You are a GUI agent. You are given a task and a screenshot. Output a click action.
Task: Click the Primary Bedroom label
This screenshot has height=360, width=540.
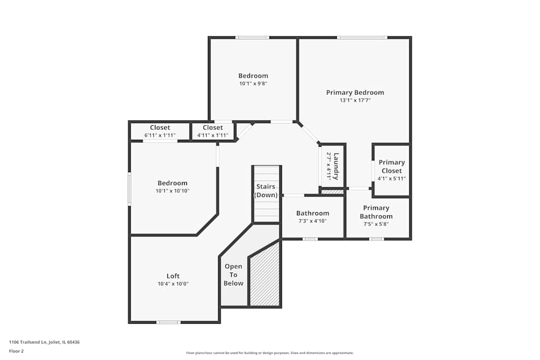(x=355, y=92)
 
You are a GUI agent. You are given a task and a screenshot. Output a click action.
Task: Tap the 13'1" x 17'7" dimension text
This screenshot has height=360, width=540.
(x=355, y=100)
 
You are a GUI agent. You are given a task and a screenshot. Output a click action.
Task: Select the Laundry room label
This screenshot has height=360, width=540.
(x=336, y=166)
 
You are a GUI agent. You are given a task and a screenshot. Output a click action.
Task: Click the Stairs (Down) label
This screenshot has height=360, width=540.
(x=266, y=191)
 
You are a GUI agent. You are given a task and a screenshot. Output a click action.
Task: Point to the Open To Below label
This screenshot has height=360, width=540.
(x=233, y=275)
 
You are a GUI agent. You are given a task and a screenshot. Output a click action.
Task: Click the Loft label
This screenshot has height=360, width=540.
(x=173, y=276)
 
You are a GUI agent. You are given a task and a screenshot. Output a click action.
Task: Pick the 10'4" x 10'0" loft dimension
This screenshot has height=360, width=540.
(x=173, y=284)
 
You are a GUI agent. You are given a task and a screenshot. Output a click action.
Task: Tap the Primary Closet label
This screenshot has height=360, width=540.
(x=391, y=166)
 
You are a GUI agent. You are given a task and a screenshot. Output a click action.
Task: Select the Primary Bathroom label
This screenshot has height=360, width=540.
(x=376, y=212)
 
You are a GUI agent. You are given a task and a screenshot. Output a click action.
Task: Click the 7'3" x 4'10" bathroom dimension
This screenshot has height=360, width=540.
(x=312, y=221)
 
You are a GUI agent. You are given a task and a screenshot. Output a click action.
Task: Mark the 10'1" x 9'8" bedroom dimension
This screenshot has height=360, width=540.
(x=253, y=84)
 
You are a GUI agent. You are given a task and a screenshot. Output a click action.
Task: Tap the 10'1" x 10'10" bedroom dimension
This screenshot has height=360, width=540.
(x=172, y=191)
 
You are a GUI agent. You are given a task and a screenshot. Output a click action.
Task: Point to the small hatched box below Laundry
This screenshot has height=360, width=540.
(x=332, y=192)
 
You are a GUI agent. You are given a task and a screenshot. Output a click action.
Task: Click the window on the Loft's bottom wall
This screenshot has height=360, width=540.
(x=168, y=322)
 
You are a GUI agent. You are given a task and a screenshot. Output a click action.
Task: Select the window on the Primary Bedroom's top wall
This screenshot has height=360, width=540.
(x=362, y=37)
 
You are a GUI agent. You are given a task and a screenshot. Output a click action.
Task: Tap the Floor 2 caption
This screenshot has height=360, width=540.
(x=16, y=351)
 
